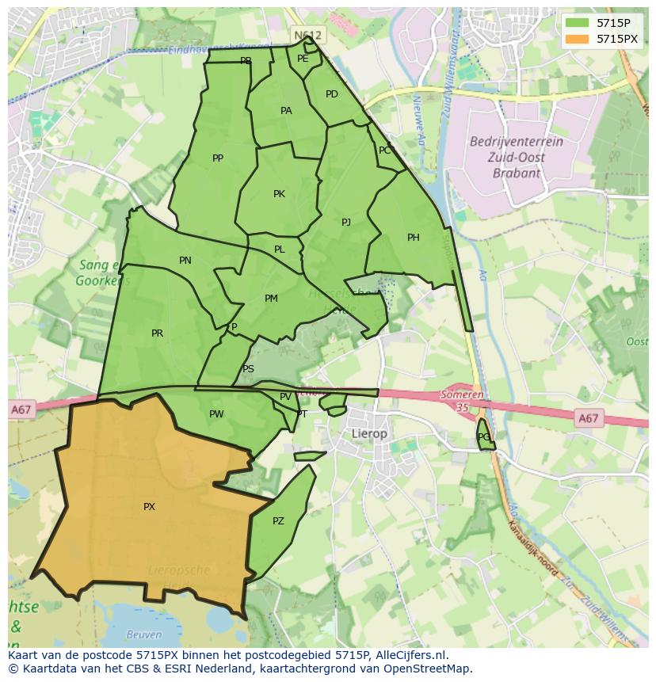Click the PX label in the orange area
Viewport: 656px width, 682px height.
point(149,507)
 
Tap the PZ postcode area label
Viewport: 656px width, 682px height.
point(278,521)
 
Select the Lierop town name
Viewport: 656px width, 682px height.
point(369,434)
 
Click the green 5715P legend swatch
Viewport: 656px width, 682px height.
point(578,23)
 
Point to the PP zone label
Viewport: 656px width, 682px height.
point(218,158)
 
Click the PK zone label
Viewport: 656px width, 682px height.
point(279,194)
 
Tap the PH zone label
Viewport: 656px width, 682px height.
point(413,238)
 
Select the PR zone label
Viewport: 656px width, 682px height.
point(157,333)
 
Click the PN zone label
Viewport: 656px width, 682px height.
point(185,261)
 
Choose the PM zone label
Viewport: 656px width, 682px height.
point(271,299)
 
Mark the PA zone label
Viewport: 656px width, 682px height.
point(286,111)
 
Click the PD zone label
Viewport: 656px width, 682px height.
point(332,94)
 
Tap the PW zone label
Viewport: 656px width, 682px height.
point(216,414)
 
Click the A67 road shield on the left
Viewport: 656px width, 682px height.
point(21,410)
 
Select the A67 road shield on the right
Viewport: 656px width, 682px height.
point(588,418)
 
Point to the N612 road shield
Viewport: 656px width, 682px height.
point(307,36)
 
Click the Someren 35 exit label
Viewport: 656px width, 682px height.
point(463,401)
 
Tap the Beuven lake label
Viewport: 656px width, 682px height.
point(144,634)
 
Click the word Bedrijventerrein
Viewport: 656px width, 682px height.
point(516,142)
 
